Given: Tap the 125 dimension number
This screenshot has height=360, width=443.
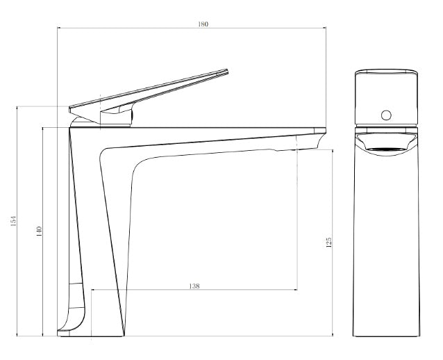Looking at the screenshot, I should coord(328,242).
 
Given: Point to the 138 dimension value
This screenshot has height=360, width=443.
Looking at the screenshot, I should coord(195,286).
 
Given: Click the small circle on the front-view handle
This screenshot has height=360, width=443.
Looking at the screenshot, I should coord(387,114).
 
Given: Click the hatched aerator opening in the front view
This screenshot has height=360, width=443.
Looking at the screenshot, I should coord(387,147).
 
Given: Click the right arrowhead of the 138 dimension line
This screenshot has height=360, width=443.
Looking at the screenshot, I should coord(296,290).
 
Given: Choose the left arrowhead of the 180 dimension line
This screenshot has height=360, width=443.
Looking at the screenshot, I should coord(59,28).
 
